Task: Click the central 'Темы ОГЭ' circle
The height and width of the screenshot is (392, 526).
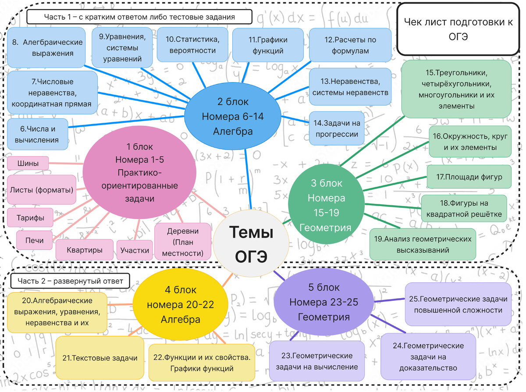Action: (251, 244)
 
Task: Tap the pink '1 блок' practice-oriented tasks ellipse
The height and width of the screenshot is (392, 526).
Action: (139, 172)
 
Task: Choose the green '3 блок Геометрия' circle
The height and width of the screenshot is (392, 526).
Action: (326, 205)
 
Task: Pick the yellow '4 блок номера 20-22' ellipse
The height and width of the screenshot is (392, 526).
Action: (180, 304)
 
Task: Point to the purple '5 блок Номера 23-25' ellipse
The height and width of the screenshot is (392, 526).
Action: (323, 302)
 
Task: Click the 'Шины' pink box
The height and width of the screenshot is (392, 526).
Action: (28, 164)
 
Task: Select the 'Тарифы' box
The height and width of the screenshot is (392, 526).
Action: (30, 217)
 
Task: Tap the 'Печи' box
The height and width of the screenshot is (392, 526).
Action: (34, 240)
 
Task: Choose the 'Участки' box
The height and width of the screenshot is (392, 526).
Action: (135, 250)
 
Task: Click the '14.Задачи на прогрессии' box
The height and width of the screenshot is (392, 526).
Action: (337, 128)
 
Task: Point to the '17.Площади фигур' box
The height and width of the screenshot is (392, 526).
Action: (469, 177)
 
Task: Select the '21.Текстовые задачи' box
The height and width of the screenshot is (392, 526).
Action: (100, 358)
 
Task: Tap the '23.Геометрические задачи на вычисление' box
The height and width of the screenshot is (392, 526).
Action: (317, 361)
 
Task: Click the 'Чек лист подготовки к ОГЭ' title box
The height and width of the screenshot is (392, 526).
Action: (458, 29)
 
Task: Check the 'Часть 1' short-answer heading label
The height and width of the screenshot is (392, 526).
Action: (139, 17)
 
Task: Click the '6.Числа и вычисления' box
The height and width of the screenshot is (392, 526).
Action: (38, 134)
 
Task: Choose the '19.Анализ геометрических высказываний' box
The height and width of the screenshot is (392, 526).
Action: (423, 244)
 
